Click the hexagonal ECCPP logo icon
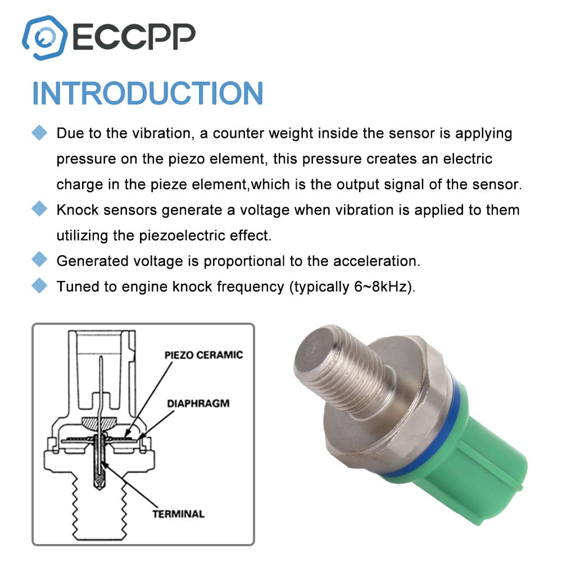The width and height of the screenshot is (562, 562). [44, 37]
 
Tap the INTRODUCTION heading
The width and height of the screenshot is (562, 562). [148, 93]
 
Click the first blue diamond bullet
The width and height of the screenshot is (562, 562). [39, 133]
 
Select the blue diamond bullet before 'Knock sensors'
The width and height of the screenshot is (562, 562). [39, 209]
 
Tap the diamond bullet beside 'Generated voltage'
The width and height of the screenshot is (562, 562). [39, 260]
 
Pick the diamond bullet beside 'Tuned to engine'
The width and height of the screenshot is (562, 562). [39, 285]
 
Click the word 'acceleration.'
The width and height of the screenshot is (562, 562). [377, 261]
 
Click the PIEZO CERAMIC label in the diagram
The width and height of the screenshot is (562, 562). [203, 355]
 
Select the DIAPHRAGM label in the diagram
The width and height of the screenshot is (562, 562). [198, 403]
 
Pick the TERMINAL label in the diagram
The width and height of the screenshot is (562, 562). [179, 514]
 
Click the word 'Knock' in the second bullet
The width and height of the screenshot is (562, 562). [78, 210]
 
